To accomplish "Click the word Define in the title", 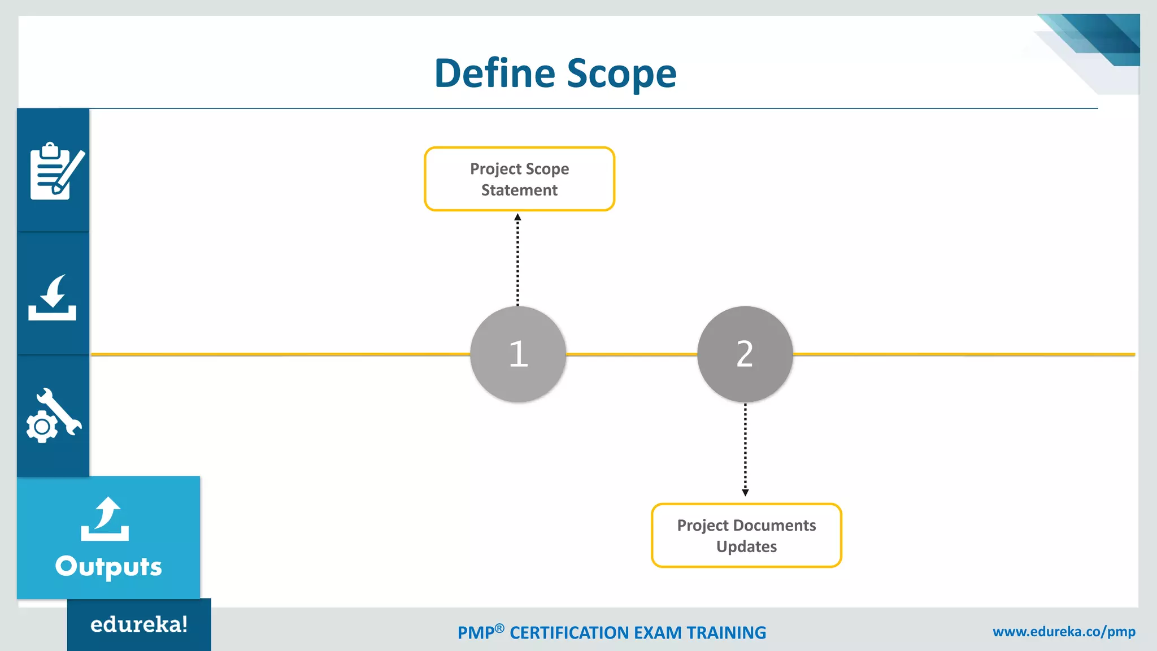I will pos(495,73).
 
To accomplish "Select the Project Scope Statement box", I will pos(519,179).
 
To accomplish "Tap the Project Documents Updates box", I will pos(746,535).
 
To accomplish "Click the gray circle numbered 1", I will pos(518,354).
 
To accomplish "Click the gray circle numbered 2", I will pos(745,354).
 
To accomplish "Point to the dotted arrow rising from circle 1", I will pos(517,260).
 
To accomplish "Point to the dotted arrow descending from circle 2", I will pos(745,449).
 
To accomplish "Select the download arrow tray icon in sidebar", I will pos(53,298).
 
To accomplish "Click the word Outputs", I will pos(108,566).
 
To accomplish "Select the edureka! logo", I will pos(139,624).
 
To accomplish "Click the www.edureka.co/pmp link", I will pos(1064,631).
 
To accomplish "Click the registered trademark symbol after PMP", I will pos(499,628).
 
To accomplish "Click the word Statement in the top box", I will pos(519,190).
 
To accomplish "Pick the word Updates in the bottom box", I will pos(746,546).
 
